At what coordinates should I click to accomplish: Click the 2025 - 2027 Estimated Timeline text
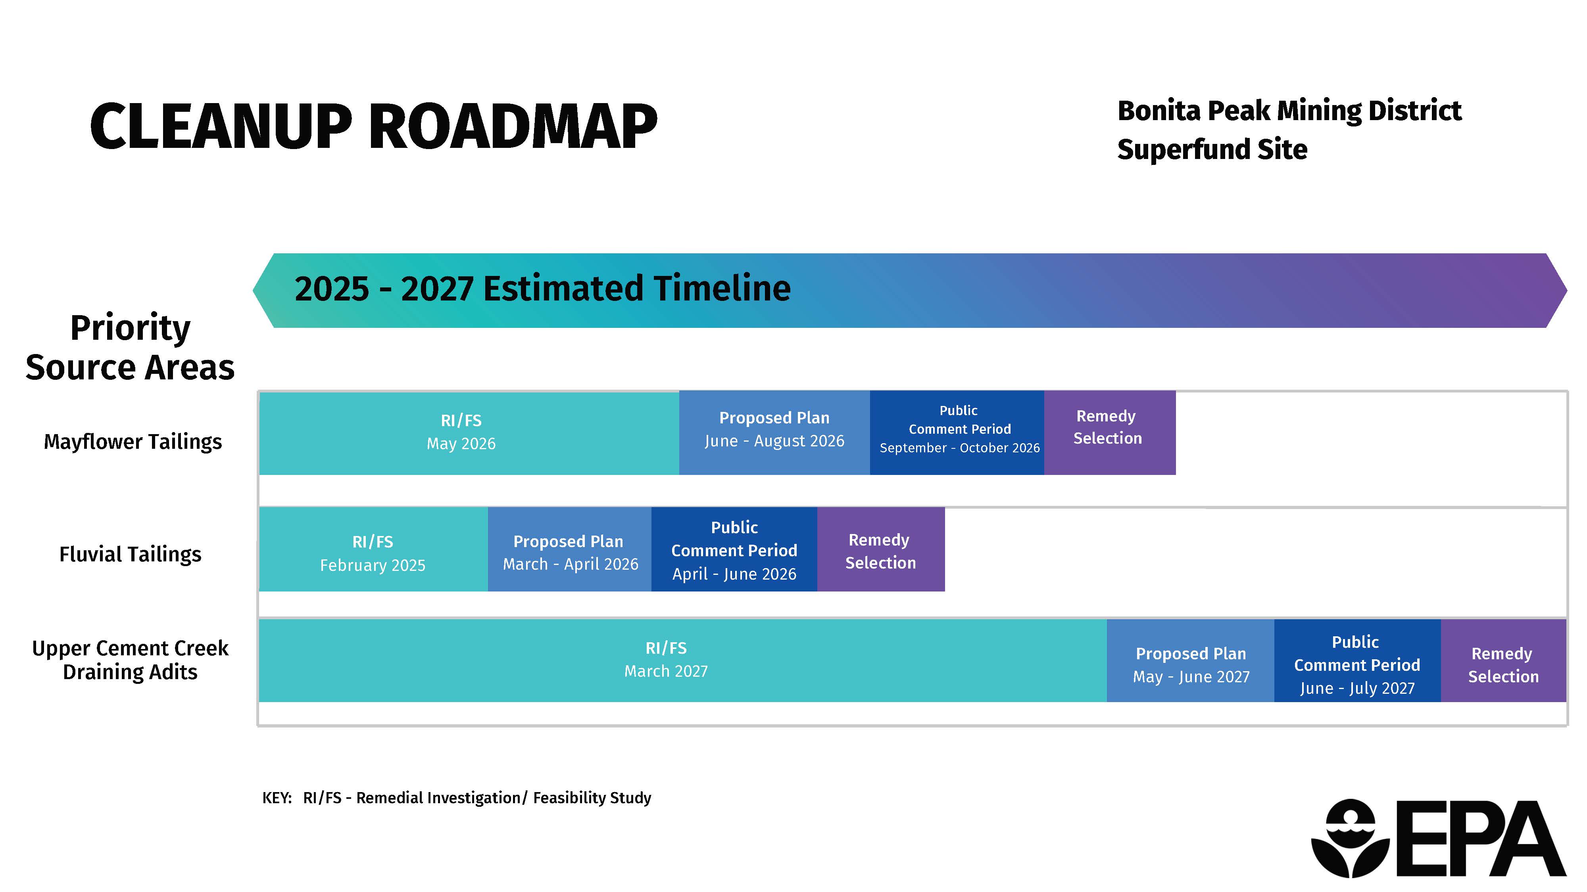point(542,288)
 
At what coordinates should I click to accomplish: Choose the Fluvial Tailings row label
point(130,554)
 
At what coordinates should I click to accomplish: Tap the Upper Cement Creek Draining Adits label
point(130,660)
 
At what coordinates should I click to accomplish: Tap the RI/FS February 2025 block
point(373,549)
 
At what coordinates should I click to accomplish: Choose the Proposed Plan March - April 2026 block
point(569,549)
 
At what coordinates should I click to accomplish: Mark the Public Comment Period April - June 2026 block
point(734,549)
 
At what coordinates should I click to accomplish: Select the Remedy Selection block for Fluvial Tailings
point(881,549)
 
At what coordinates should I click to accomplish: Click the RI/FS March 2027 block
point(682,660)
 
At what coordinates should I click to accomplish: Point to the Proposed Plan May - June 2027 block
point(1190,660)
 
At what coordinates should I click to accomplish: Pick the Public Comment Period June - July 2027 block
point(1357,660)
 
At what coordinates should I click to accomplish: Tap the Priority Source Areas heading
point(130,347)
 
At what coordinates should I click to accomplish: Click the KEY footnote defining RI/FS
point(457,798)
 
